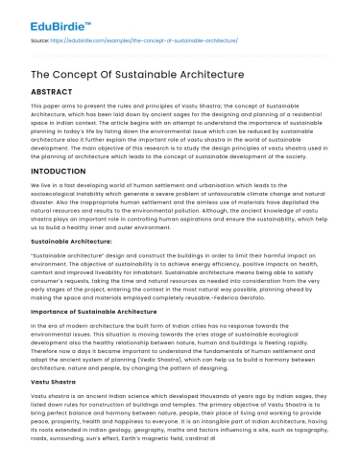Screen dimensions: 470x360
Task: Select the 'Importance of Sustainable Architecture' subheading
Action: coord(86,339)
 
